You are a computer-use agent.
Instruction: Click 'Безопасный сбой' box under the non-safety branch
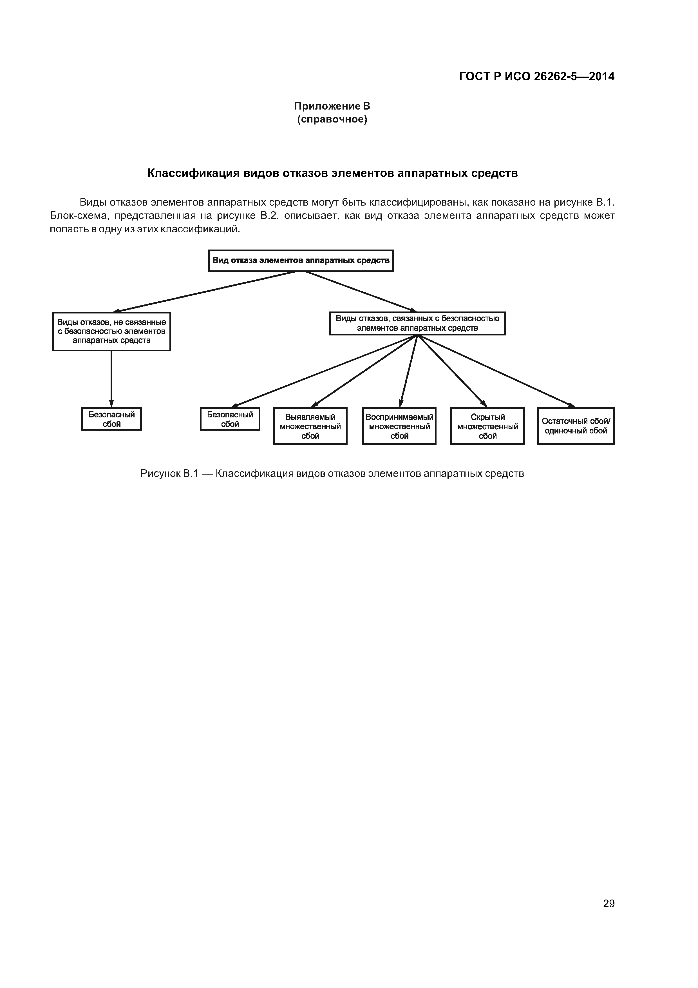111,419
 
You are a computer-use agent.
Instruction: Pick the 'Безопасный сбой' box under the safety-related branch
230,419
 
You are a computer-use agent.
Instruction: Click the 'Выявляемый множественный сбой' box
310,426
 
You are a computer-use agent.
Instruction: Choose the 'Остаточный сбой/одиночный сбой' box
576,426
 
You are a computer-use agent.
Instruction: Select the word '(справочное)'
332,119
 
